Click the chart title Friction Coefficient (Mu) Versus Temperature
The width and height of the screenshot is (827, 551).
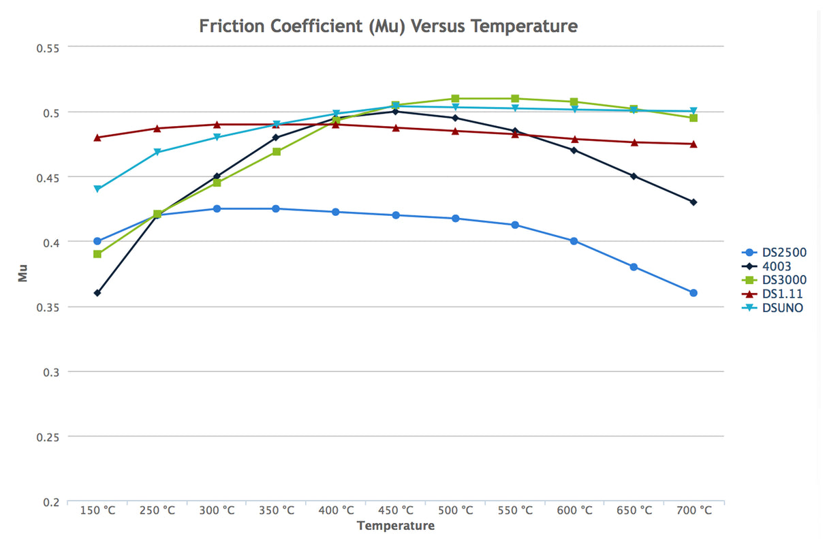[x=388, y=27]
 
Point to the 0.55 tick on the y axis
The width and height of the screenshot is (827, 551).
[x=47, y=48]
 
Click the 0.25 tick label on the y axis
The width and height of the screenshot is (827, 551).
[x=47, y=437]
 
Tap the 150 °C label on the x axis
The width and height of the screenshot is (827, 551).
[x=97, y=511]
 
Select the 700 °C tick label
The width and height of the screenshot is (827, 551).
[x=693, y=511]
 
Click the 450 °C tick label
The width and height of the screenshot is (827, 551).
[x=396, y=511]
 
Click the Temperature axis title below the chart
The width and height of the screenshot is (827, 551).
[x=395, y=526]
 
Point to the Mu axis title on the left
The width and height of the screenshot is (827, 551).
[x=23, y=274]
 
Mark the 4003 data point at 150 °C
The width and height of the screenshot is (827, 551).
[x=97, y=293]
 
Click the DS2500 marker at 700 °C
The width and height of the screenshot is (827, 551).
[x=693, y=293]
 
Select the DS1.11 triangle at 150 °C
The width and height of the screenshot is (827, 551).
[x=97, y=137]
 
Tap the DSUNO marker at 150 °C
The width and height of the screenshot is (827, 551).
[x=97, y=189]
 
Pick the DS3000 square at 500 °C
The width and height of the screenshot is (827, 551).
[x=455, y=99]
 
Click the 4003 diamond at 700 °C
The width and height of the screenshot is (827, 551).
[x=693, y=202]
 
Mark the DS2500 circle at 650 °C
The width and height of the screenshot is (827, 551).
[x=634, y=267]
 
